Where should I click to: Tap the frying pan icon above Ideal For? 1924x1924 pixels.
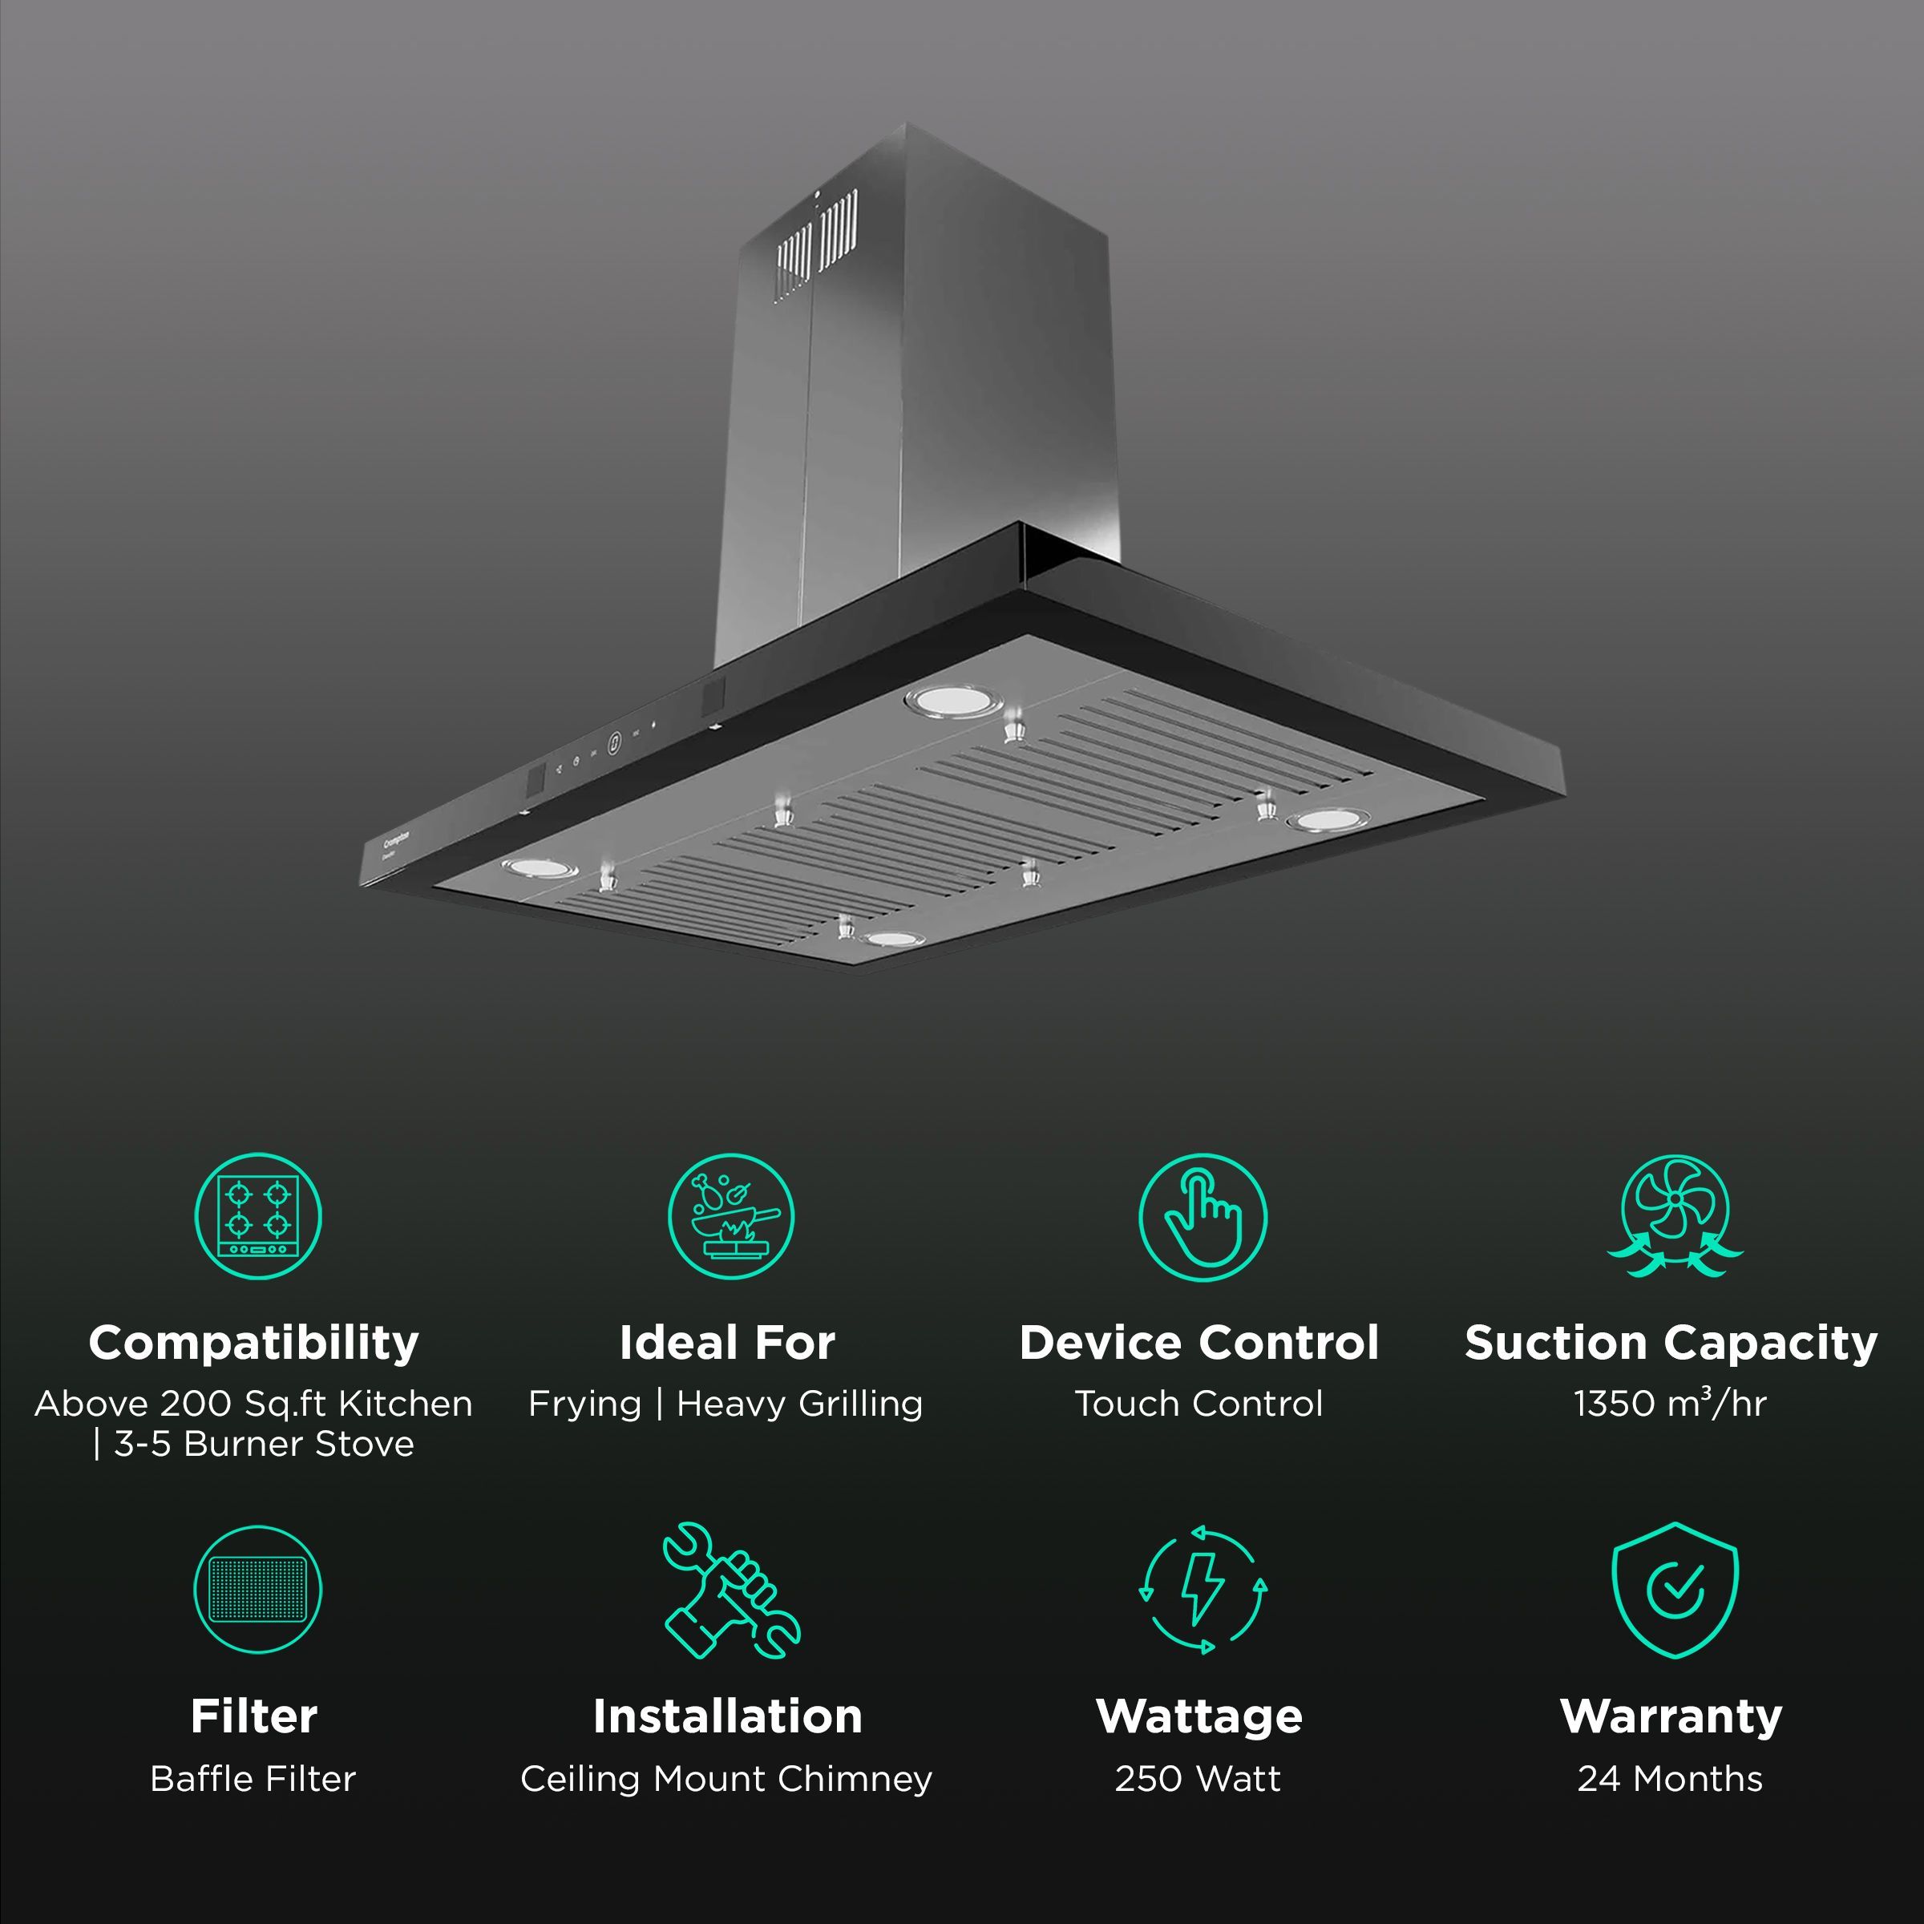click(x=730, y=1216)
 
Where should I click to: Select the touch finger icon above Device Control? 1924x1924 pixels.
click(x=1202, y=1216)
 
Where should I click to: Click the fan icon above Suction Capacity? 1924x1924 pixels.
click(x=1674, y=1216)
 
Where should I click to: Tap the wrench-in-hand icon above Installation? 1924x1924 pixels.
click(x=730, y=1591)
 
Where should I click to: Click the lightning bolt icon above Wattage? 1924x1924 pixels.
click(x=1202, y=1591)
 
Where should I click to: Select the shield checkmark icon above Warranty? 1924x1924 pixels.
click(x=1674, y=1591)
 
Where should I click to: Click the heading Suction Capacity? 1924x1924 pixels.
click(x=1670, y=1343)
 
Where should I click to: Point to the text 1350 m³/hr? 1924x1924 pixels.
click(x=1670, y=1403)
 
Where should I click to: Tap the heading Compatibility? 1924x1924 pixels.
click(x=254, y=1343)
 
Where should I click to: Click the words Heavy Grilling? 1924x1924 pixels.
click(x=800, y=1403)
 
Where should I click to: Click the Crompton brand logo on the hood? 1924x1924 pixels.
click(x=396, y=842)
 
